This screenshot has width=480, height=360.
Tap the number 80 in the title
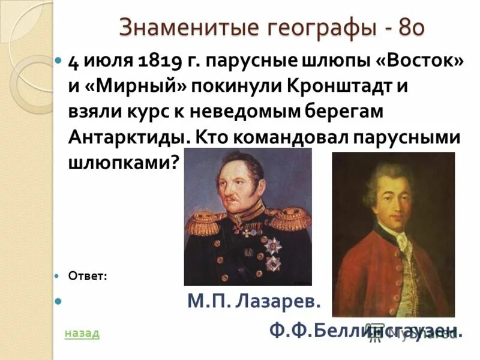(x=412, y=27)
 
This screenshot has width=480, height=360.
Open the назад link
(x=82, y=333)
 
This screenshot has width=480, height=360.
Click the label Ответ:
(x=88, y=276)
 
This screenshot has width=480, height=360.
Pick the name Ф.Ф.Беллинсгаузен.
(x=365, y=330)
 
